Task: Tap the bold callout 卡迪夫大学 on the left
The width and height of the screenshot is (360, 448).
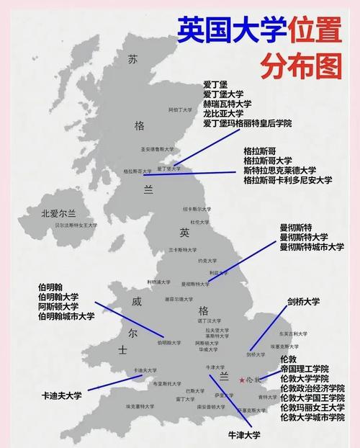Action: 62,395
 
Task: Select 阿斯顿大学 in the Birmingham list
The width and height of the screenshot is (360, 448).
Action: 58,306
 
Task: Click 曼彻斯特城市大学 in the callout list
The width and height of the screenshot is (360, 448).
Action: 312,247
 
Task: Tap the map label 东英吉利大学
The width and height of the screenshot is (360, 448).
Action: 293,333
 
